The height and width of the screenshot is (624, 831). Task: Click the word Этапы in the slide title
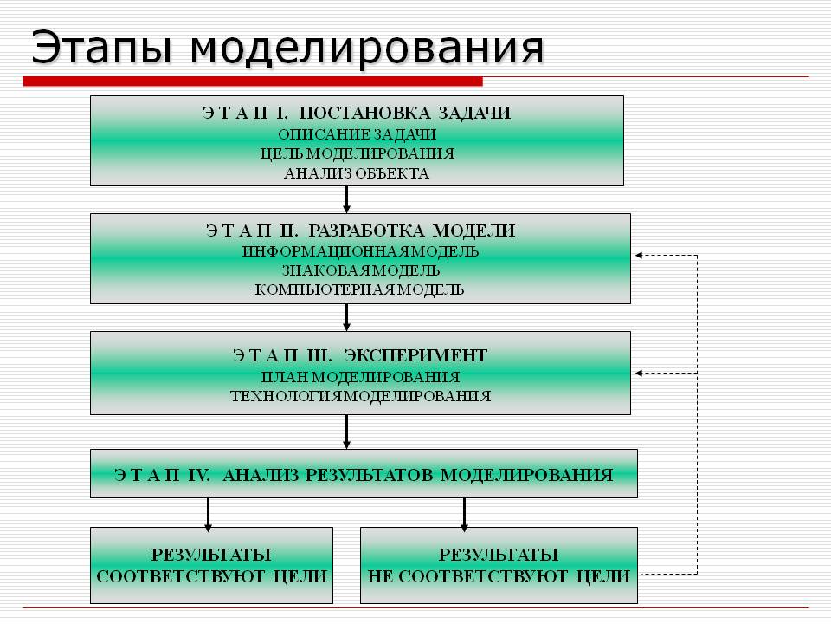pyautogui.click(x=98, y=49)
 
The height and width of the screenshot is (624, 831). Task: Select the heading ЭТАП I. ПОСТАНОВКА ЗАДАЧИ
pyautogui.click(x=357, y=114)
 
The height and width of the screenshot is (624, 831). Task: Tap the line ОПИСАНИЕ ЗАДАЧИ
pyautogui.click(x=357, y=134)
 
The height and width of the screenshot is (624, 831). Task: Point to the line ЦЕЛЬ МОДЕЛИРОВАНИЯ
pyautogui.click(x=357, y=153)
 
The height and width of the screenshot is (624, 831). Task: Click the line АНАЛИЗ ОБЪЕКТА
pyautogui.click(x=357, y=173)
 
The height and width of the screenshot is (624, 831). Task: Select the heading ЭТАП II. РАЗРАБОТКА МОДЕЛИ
pyautogui.click(x=360, y=231)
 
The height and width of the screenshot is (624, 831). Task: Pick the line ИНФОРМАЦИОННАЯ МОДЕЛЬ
pyautogui.click(x=360, y=251)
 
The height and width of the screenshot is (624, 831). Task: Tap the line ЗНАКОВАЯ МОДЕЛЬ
pyautogui.click(x=360, y=270)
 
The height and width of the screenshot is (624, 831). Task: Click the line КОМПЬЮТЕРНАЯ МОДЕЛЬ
pyautogui.click(x=360, y=289)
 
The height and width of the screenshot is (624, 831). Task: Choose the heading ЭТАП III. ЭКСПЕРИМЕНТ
pyautogui.click(x=360, y=355)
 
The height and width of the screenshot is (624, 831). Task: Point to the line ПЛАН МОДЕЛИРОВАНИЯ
pyautogui.click(x=360, y=377)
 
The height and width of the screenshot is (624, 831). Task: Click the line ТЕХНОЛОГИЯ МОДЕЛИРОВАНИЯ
pyautogui.click(x=360, y=396)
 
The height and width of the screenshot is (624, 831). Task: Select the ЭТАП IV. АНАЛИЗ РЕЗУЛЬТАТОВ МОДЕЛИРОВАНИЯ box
pyautogui.click(x=364, y=474)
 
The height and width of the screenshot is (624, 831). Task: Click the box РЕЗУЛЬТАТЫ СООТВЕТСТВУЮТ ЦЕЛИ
pyautogui.click(x=211, y=565)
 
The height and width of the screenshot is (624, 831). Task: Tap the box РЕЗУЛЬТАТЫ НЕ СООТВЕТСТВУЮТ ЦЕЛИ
pyautogui.click(x=499, y=565)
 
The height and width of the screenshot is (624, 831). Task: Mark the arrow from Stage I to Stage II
pyautogui.click(x=347, y=199)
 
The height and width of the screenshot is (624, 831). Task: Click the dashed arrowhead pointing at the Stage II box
pyautogui.click(x=640, y=256)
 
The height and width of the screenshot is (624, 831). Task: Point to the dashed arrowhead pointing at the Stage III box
pyautogui.click(x=640, y=373)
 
